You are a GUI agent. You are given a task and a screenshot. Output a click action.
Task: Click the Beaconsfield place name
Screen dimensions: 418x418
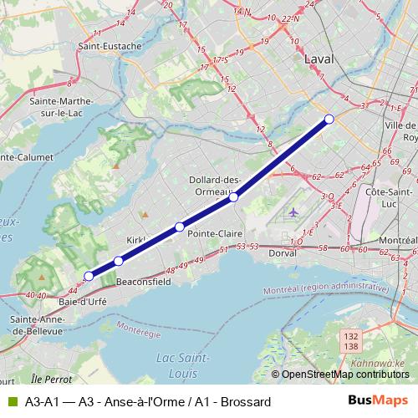coord(143,283)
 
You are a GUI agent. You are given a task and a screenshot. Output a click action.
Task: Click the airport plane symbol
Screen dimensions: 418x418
coord(293,212)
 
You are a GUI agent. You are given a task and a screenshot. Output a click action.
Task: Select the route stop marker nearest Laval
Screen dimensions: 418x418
coord(329,120)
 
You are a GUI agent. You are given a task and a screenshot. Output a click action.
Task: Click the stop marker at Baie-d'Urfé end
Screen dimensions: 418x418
coord(89,275)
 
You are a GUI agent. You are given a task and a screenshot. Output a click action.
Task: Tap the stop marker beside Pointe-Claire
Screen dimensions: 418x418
coord(180,227)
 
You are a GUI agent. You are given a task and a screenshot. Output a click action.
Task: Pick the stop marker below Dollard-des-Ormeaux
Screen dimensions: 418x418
coord(234,197)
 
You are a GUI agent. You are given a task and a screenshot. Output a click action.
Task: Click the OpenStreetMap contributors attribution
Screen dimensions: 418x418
coord(343,375)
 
